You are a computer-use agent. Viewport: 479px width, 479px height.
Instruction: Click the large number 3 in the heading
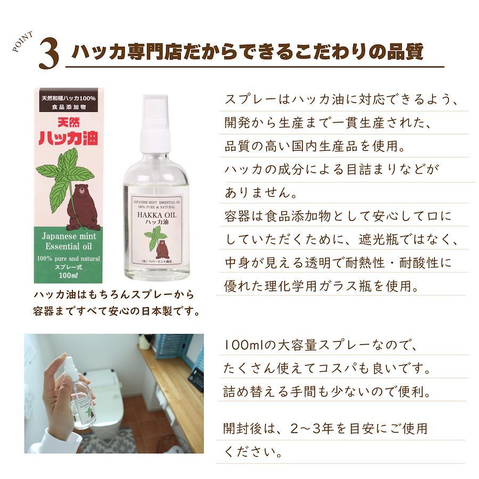(48, 53)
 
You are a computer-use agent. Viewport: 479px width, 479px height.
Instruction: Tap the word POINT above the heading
(23, 42)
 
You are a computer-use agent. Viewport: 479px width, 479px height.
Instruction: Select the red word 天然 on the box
(69, 123)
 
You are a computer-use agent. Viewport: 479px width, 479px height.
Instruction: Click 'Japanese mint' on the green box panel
(69, 236)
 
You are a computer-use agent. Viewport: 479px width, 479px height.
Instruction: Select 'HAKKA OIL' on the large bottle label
(156, 215)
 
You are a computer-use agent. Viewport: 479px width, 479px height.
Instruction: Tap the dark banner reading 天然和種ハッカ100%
(69, 98)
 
